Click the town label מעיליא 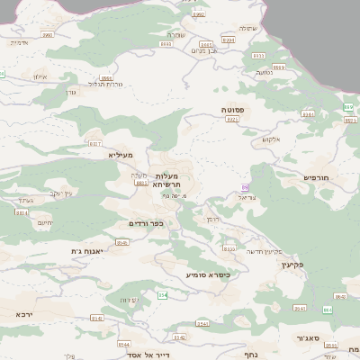coord(121,155)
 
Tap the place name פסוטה coord(233,109)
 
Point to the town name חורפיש coord(318,177)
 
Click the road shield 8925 coord(232,119)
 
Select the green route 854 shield coord(163,295)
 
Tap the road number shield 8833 coord(229,248)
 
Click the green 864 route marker coord(327,310)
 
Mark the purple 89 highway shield coord(243,187)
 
